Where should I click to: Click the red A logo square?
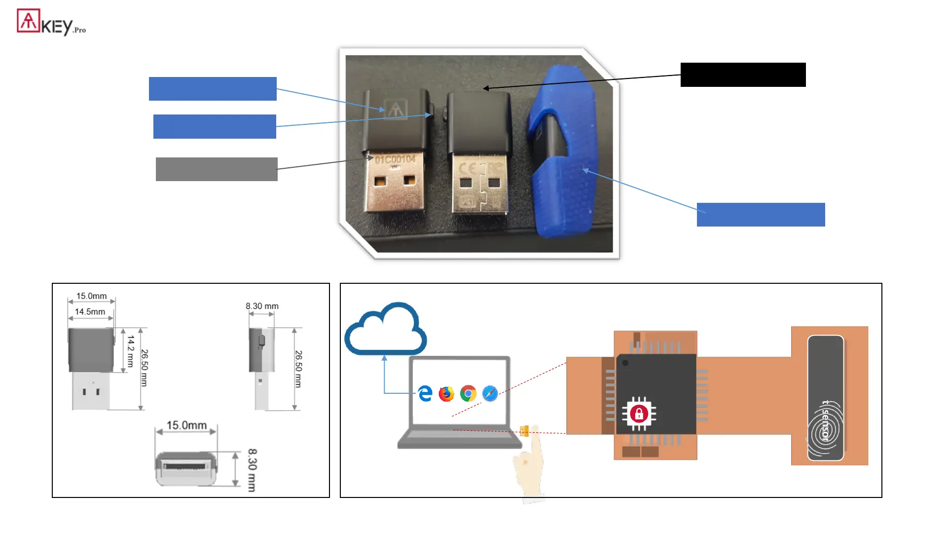tap(29, 21)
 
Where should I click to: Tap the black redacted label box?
tap(743, 75)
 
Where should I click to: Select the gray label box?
tap(217, 169)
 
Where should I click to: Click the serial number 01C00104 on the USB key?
tap(395, 159)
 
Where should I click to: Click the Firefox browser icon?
tap(446, 394)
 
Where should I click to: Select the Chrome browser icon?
tap(468, 394)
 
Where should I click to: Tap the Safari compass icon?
tap(490, 394)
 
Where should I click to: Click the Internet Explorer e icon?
tap(425, 394)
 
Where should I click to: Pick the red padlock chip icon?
tap(639, 414)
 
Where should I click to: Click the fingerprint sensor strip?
tap(825, 398)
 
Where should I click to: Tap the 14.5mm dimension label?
tap(90, 312)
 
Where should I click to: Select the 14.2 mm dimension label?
tap(130, 351)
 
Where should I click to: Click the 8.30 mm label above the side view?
tap(262, 306)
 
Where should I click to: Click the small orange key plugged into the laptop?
tap(524, 431)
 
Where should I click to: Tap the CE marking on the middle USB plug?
tap(467, 168)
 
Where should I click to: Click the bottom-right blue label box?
tap(761, 215)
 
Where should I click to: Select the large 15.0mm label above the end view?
tap(186, 425)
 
